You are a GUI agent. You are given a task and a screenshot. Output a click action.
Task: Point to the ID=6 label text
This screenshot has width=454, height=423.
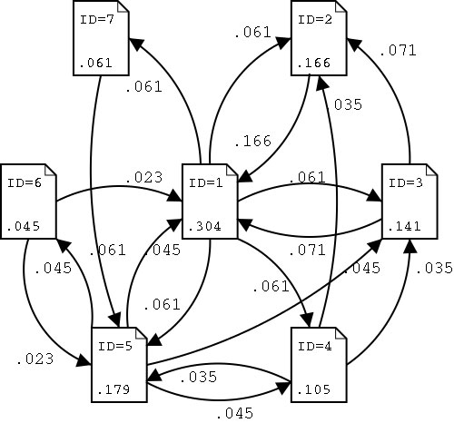[x=23, y=182]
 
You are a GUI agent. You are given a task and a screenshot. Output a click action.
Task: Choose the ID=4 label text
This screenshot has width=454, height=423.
[x=313, y=346]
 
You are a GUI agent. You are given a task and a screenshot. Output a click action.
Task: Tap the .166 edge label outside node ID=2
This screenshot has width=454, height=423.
[x=252, y=142]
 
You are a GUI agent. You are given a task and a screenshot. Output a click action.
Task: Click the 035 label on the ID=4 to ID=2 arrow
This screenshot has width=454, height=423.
[x=347, y=104]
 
